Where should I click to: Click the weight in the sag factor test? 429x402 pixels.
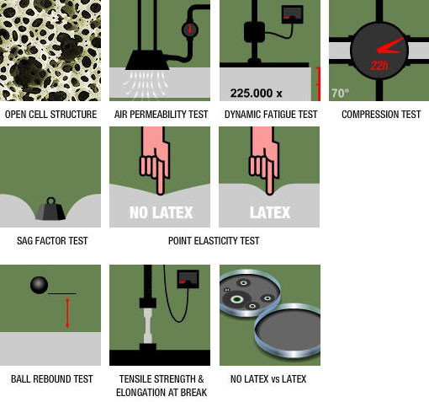50,209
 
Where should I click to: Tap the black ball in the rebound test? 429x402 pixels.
39,285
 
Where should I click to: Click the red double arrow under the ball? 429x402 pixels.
67,313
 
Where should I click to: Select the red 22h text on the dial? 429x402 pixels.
379,66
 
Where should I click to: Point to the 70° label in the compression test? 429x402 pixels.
340,93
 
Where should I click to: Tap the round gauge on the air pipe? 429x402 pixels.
190,29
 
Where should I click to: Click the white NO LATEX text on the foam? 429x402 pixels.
161,212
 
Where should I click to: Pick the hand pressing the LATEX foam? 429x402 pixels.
264,160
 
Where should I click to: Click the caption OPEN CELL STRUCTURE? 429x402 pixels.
50,115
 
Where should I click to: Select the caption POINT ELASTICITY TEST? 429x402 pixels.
214,241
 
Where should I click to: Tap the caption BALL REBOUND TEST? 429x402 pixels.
52,379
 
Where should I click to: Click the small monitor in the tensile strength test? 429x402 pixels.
188,279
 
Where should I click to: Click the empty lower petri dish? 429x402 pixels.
288,330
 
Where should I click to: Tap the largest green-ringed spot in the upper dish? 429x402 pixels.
237,299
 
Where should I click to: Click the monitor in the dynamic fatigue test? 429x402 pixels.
293,14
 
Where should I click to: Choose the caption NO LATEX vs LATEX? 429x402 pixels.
268,379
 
